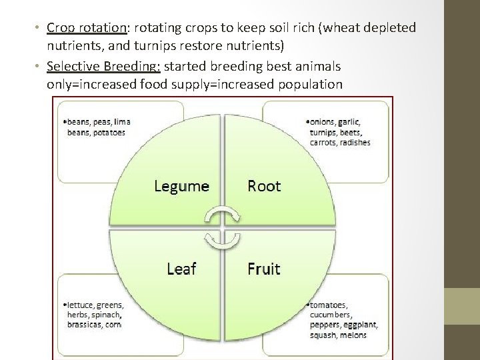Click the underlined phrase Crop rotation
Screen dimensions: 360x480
pyautogui.click(x=87, y=28)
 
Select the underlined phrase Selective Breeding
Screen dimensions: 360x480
pyautogui.click(x=103, y=66)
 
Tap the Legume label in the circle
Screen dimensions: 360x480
pyautogui.click(x=181, y=186)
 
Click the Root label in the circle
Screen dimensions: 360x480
pyautogui.click(x=264, y=186)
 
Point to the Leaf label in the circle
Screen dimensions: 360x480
pyautogui.click(x=181, y=269)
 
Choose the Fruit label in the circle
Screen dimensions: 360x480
pyautogui.click(x=264, y=269)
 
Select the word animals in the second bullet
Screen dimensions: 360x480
pyautogui.click(x=317, y=66)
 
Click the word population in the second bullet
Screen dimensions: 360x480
pyautogui.click(x=307, y=85)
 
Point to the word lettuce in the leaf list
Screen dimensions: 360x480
pyautogui.click(x=81, y=305)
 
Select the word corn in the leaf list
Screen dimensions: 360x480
pyautogui.click(x=113, y=324)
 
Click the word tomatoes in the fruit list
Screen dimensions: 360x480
pyautogui.click(x=329, y=305)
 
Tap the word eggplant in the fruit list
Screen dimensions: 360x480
pyautogui.click(x=362, y=325)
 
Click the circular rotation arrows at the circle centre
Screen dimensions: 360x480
pyautogui.click(x=223, y=227)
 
